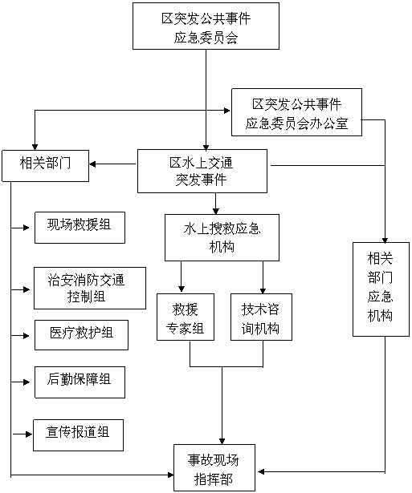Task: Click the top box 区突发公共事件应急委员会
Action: [206, 26]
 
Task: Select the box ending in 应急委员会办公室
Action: [296, 112]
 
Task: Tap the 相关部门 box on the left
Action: [45, 166]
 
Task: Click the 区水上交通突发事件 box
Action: [202, 171]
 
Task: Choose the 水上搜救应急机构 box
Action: [222, 238]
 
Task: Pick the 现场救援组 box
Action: [80, 228]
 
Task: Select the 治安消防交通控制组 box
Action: [90, 288]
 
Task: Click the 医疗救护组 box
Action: [81, 335]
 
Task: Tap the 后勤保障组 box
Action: [80, 382]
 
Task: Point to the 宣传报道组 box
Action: [78, 435]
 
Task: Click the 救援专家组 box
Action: [186, 317]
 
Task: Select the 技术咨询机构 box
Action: [261, 317]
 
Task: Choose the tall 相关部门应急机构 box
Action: [381, 289]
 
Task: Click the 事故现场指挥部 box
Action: [214, 467]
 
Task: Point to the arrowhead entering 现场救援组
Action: [27, 228]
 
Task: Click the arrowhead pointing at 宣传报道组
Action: [29, 434]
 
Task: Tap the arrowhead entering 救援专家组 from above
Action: [182, 289]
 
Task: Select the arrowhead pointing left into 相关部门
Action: [92, 164]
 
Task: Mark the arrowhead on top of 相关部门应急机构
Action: [385, 240]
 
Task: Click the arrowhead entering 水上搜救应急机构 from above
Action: [216, 211]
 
